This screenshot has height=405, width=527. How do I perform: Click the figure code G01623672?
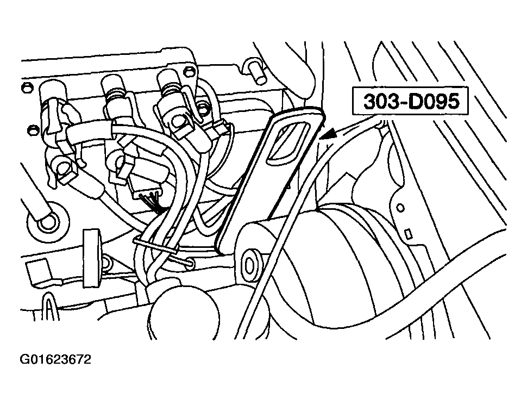point(55,359)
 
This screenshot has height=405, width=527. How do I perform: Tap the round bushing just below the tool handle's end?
point(250,265)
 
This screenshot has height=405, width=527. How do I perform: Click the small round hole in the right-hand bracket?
point(400,208)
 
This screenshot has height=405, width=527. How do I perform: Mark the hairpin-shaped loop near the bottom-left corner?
point(49,307)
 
